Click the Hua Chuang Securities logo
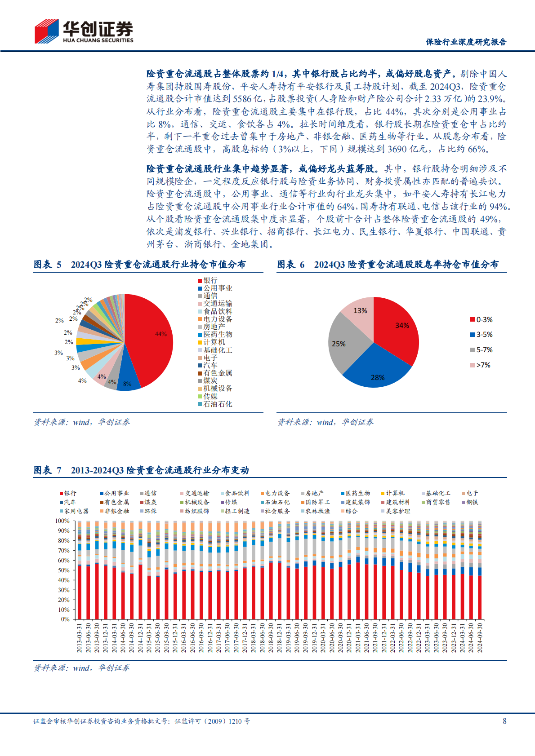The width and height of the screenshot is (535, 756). pyautogui.click(x=84, y=31)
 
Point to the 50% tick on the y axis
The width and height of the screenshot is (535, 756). pyautogui.click(x=62, y=570)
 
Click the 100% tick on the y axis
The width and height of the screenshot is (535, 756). pyautogui.click(x=62, y=521)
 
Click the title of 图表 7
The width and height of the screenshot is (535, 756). pyautogui.click(x=141, y=470)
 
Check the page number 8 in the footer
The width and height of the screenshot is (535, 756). pyautogui.click(x=504, y=721)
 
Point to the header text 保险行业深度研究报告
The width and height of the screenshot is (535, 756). pyautogui.click(x=466, y=42)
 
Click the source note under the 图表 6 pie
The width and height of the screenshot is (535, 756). pyautogui.click(x=325, y=422)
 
